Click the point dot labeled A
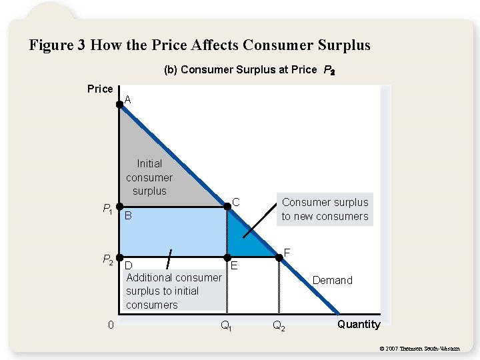click(x=119, y=103)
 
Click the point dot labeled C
click(x=227, y=207)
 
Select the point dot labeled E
click(x=227, y=257)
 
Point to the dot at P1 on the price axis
click(x=119, y=207)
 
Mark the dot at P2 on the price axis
click(x=119, y=257)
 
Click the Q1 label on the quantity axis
click(x=226, y=327)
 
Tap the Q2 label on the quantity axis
click(x=279, y=327)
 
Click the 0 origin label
click(x=111, y=325)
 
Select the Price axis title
click(x=100, y=89)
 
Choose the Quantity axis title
click(x=359, y=325)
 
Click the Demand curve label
click(x=333, y=280)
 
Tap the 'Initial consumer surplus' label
click(x=149, y=177)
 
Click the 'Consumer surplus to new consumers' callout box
click(x=325, y=209)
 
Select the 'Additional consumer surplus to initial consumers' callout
click(x=173, y=291)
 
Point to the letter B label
click(x=129, y=216)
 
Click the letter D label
click(x=129, y=265)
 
